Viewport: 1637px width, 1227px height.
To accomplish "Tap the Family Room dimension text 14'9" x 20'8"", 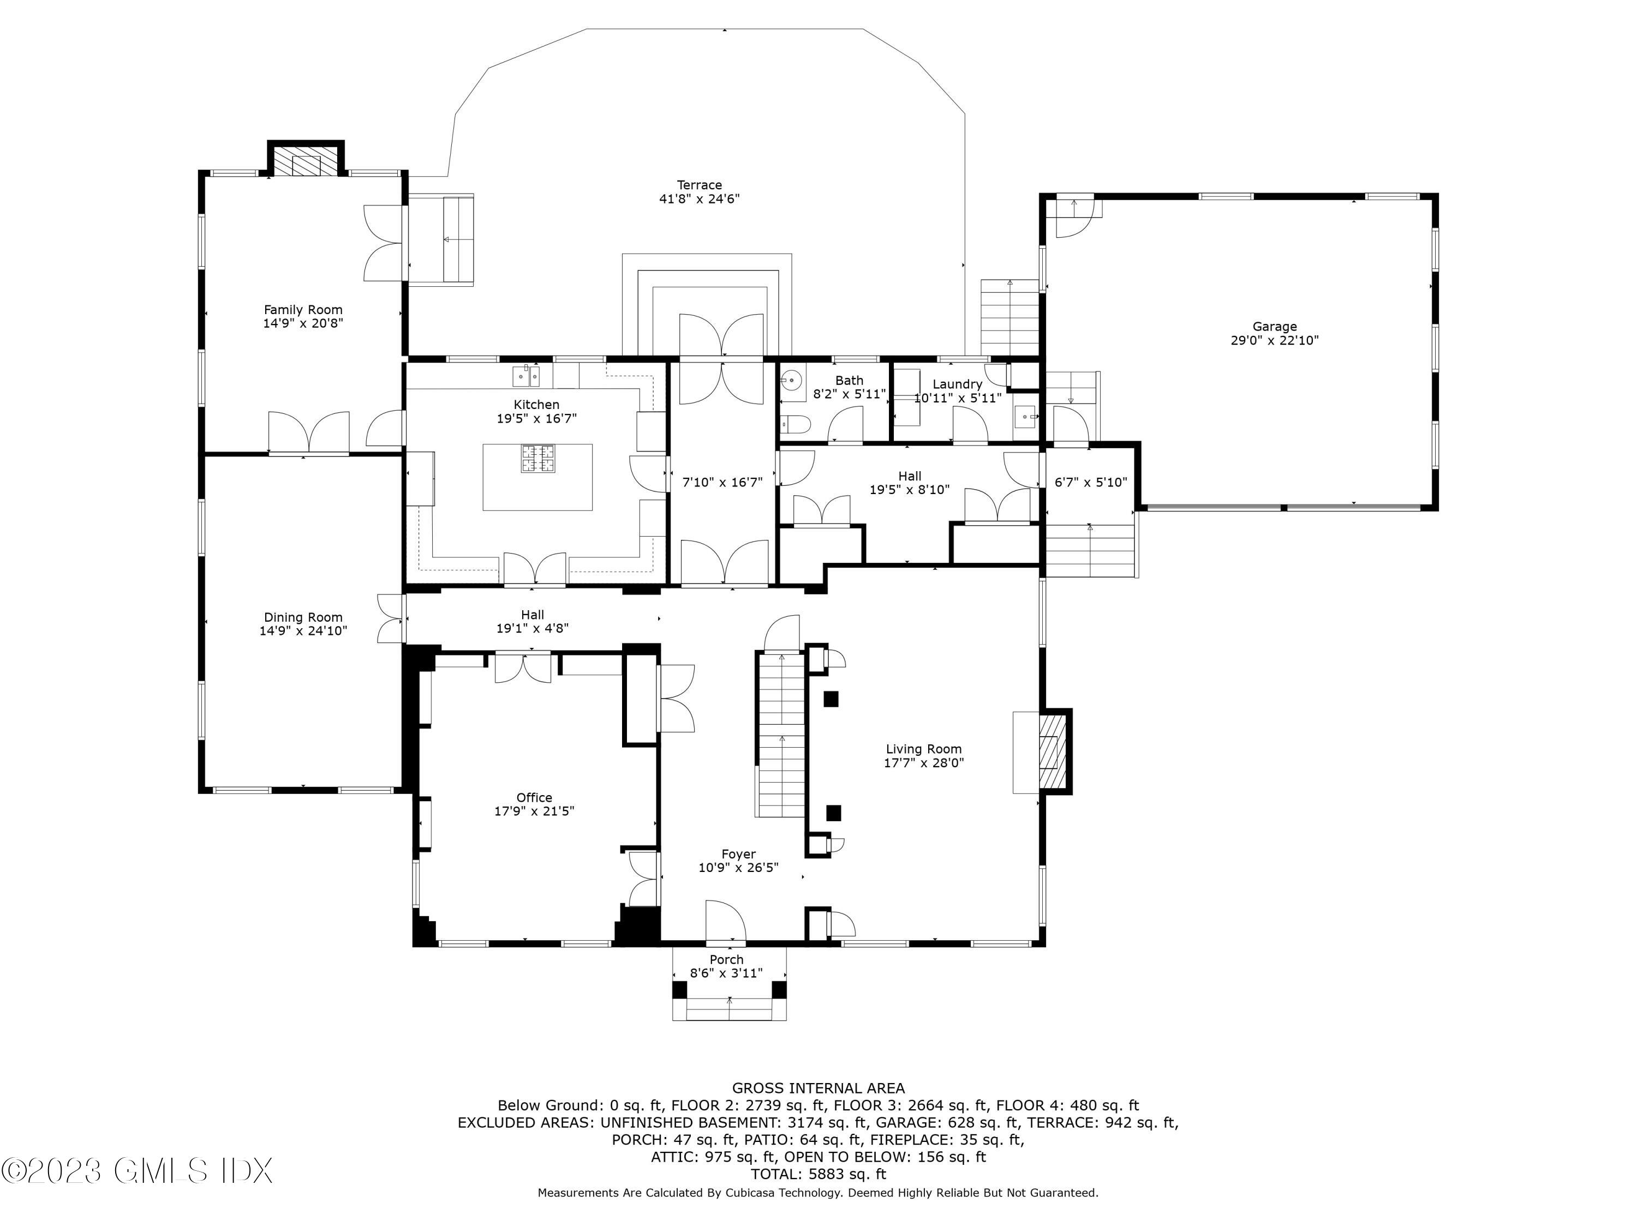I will (x=303, y=323).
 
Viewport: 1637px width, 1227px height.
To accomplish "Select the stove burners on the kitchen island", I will (x=537, y=459).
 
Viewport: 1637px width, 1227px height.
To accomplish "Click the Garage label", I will (x=1274, y=326).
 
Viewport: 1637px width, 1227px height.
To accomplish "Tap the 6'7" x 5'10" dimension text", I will (x=1090, y=482).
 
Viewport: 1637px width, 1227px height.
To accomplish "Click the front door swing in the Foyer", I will (x=725, y=922).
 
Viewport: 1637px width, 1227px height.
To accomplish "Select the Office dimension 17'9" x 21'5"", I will (x=534, y=810).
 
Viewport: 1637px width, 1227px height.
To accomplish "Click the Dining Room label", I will (x=303, y=617).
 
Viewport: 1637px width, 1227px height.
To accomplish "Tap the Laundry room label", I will (x=957, y=384).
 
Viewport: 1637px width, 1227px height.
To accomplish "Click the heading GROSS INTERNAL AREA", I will (x=818, y=1088).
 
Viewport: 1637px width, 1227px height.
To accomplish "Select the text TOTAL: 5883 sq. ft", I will (x=818, y=1174).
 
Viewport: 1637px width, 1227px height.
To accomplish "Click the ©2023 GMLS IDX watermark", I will (x=138, y=1171).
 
